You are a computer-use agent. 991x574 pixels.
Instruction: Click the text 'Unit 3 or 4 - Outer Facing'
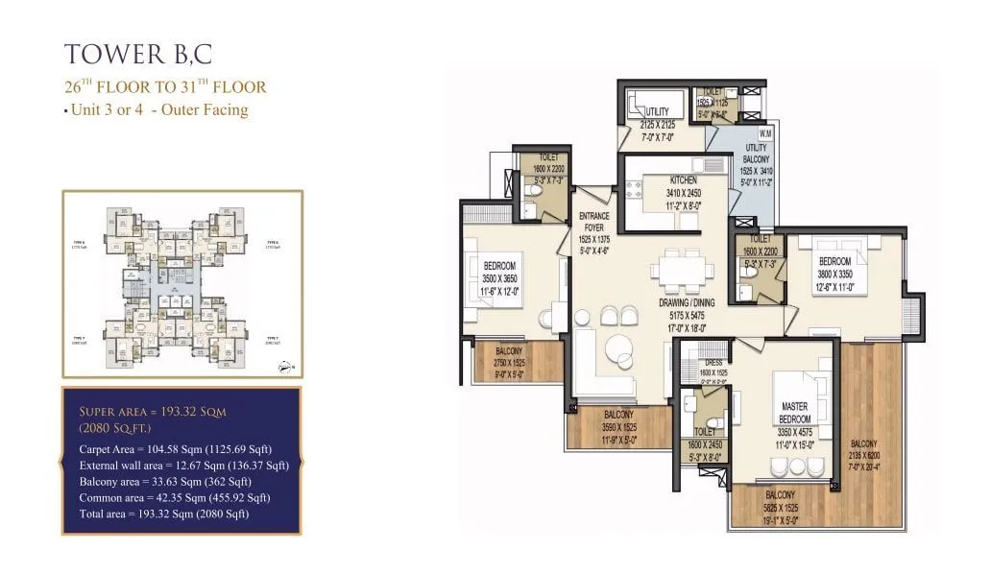159,109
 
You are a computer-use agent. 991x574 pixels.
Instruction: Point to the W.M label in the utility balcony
765,133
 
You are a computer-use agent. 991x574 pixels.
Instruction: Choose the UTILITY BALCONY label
756,153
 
